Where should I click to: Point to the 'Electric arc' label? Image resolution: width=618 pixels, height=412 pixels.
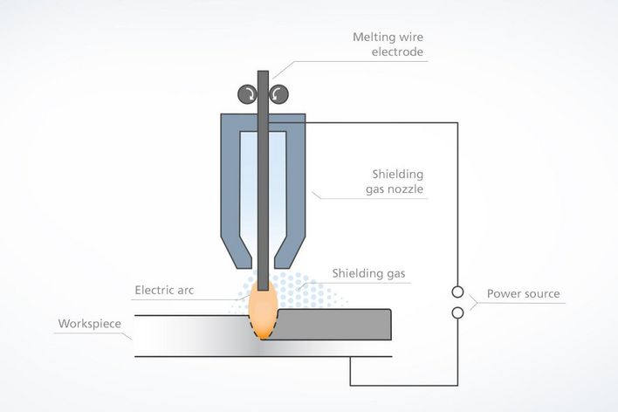(x=167, y=290)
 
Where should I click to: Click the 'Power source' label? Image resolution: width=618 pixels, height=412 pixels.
(x=523, y=293)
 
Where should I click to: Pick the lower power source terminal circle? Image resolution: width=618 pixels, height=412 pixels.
(x=457, y=312)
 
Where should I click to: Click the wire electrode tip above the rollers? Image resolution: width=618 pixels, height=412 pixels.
(x=262, y=75)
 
